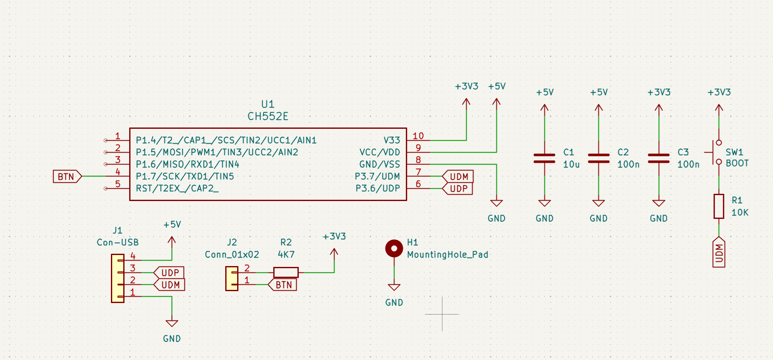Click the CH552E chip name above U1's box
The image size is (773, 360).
pyautogui.click(x=268, y=116)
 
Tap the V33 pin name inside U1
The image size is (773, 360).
pyautogui.click(x=391, y=140)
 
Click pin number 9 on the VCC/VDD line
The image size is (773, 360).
pyautogui.click(x=418, y=148)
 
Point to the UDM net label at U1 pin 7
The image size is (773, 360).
pyautogui.click(x=458, y=176)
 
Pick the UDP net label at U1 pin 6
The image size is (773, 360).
pyautogui.click(x=458, y=188)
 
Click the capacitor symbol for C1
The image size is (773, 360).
pyautogui.click(x=544, y=159)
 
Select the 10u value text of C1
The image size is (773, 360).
pyautogui.click(x=571, y=164)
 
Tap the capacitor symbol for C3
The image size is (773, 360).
pyautogui.click(x=659, y=159)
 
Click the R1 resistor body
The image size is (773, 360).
pyautogui.click(x=719, y=207)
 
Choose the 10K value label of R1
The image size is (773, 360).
pyautogui.click(x=740, y=213)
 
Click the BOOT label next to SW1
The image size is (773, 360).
pyautogui.click(x=737, y=163)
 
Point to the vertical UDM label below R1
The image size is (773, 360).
pyautogui.click(x=719, y=253)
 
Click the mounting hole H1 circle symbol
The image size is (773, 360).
pyautogui.click(x=394, y=249)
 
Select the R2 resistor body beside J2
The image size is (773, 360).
pyautogui.click(x=286, y=272)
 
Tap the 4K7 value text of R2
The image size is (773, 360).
pyautogui.click(x=286, y=255)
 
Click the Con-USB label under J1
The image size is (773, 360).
pyautogui.click(x=118, y=243)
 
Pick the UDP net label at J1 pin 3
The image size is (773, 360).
pyautogui.click(x=170, y=272)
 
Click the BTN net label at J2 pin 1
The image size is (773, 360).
pyautogui.click(x=283, y=285)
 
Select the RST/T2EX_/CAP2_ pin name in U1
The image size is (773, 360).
pyautogui.click(x=177, y=188)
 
